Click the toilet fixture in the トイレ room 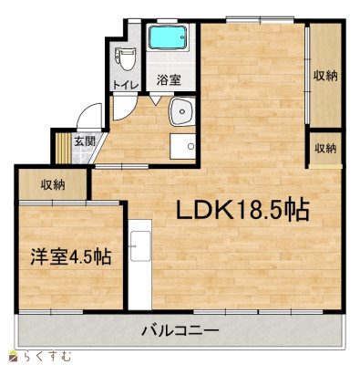tap(125, 59)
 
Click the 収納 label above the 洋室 tap(52, 184)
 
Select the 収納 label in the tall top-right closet tap(325, 76)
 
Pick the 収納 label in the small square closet tap(325, 148)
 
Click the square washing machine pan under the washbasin tap(185, 146)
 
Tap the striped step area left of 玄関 tap(63, 145)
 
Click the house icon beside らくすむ tap(12, 354)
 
